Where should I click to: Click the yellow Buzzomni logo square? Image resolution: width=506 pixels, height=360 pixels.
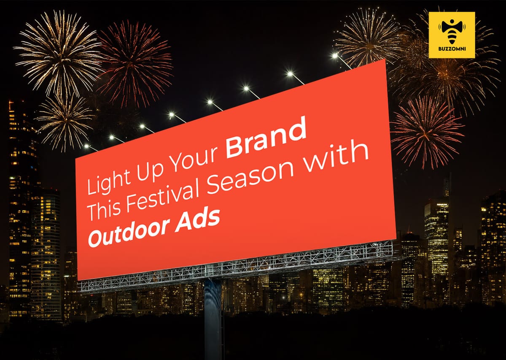[452, 35]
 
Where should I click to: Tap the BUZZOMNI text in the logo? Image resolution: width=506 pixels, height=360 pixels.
[452, 52]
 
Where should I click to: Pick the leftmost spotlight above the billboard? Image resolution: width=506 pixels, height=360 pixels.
[86, 146]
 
